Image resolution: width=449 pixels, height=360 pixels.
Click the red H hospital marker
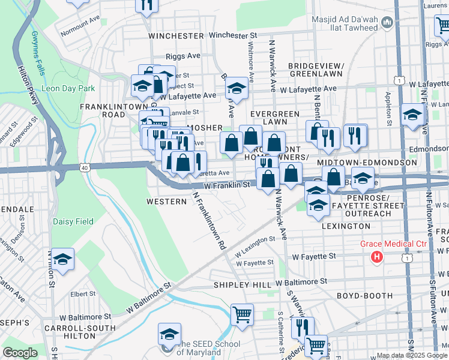[376, 257]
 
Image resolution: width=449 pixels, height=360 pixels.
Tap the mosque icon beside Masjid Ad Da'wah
[387, 23]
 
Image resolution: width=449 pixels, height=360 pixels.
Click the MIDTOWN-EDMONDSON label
[367, 163]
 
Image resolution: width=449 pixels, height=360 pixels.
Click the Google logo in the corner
[20, 353]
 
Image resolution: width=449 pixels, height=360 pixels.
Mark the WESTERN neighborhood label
[166, 202]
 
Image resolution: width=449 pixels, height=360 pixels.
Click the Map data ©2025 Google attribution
[412, 355]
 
